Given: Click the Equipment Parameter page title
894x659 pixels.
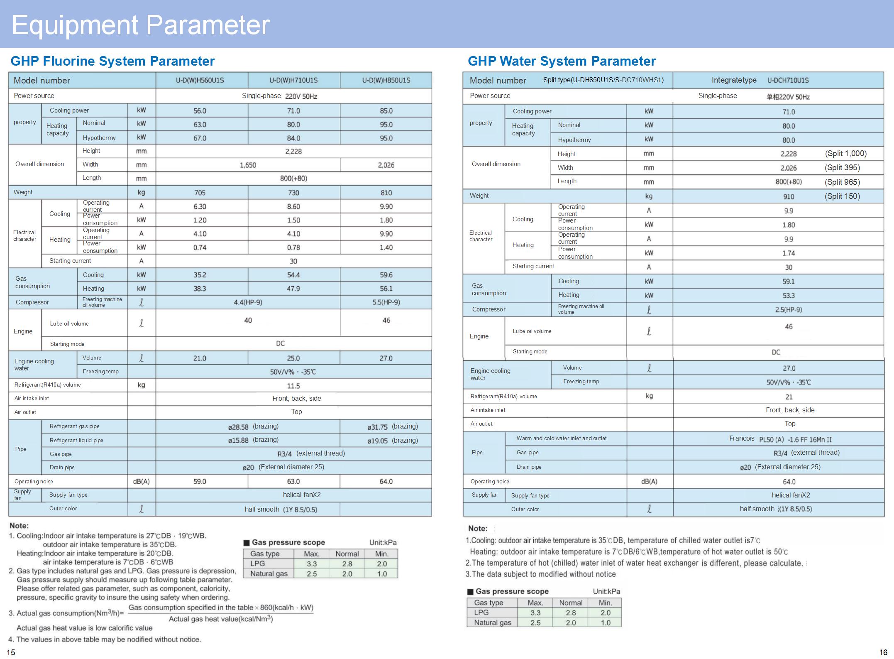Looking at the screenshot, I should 141,25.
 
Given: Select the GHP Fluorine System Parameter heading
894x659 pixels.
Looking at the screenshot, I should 112,61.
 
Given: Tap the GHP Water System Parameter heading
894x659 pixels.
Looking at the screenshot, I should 562,61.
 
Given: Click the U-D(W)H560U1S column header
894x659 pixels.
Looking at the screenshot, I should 200,80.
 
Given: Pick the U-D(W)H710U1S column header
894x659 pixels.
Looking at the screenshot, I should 293,80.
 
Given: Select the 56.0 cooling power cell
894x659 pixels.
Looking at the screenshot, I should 200,111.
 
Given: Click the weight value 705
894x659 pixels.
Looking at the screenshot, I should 200,193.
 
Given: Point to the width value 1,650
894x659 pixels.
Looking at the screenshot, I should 248,165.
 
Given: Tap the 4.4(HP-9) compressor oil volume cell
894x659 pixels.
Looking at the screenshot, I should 248,302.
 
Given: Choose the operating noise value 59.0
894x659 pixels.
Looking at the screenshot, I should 200,481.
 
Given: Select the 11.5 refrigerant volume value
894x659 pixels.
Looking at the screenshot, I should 293,386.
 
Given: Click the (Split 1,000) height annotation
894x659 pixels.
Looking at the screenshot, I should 845,153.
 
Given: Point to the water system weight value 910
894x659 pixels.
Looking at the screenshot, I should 789,196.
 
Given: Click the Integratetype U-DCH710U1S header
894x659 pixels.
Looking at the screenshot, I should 760,80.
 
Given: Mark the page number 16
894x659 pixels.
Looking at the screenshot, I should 883,652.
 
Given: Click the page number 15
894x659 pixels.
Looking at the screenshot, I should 11,652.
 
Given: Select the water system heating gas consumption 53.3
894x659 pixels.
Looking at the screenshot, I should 789,296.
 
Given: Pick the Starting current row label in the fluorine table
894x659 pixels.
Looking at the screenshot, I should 70,261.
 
